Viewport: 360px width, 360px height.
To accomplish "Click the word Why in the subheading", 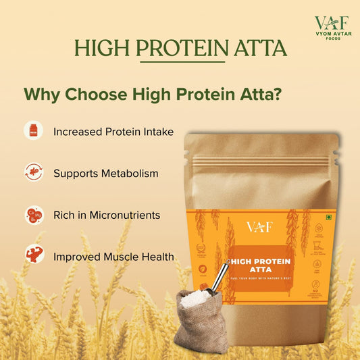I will [42, 94].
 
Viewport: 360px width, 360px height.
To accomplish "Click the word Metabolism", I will [130, 174].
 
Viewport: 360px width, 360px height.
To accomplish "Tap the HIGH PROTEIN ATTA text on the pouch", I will [259, 263].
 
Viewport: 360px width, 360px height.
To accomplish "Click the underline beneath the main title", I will [180, 63].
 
